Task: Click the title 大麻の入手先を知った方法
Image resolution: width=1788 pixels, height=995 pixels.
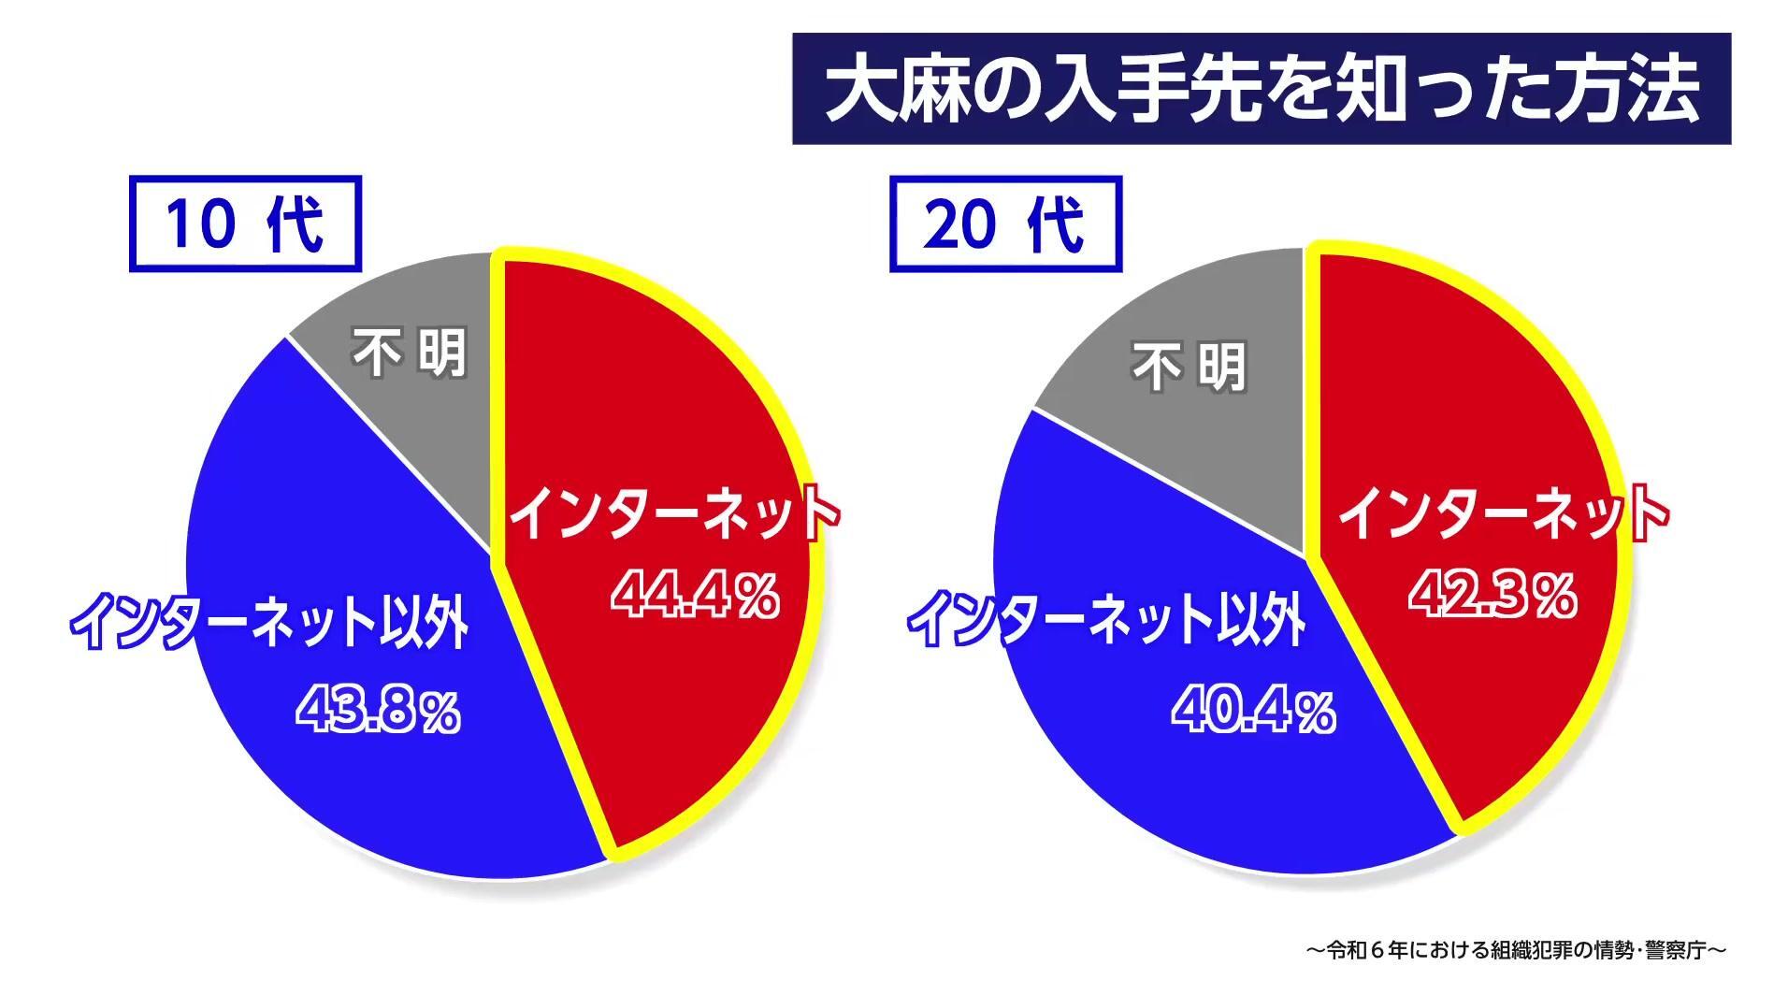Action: click(1261, 90)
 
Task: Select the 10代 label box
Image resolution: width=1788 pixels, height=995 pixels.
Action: click(245, 224)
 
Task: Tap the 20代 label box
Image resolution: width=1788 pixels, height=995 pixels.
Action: click(1004, 224)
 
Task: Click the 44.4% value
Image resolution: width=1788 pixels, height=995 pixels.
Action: click(694, 594)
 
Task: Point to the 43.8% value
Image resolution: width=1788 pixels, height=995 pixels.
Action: click(379, 711)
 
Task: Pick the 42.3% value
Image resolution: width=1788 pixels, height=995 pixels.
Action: click(1492, 594)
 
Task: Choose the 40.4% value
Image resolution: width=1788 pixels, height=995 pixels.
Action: click(1253, 711)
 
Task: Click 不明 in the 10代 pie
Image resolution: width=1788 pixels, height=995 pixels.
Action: click(409, 355)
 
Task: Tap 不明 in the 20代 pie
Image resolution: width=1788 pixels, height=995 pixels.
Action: click(1190, 367)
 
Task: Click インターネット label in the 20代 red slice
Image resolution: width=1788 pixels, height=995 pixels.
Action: click(1502, 512)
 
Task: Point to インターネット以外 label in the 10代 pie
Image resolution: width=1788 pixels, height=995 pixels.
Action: click(269, 620)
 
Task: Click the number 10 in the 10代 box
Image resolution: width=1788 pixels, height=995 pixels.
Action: click(198, 224)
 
